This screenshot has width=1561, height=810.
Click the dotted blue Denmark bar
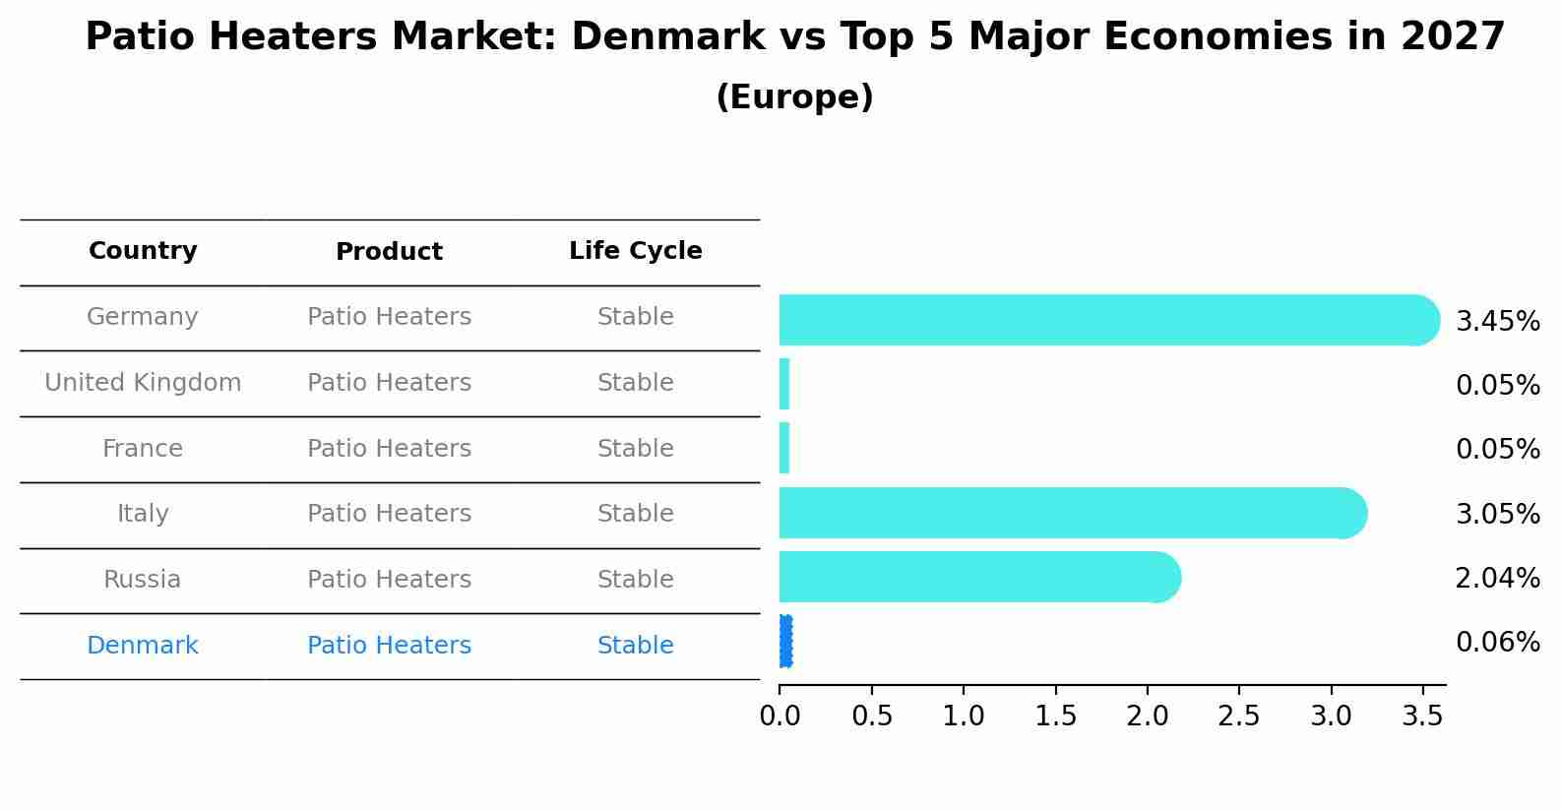pos(785,642)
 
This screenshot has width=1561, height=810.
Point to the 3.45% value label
pos(1497,322)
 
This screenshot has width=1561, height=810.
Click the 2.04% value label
pos(1497,579)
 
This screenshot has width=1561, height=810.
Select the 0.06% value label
pos(1497,643)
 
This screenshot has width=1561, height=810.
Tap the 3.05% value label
pos(1497,514)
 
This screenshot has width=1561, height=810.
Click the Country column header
pos(143,251)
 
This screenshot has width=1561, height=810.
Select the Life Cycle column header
pos(635,251)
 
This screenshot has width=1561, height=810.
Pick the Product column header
pos(389,252)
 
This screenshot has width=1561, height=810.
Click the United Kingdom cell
pos(143,383)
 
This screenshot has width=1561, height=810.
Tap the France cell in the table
pos(143,449)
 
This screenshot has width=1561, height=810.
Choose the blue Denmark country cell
pos(143,646)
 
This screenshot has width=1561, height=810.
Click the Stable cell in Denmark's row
pos(635,646)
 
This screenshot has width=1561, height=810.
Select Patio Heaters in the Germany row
pos(389,317)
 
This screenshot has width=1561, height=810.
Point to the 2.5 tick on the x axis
pos(1238,717)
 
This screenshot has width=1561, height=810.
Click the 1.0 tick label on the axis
pos(963,717)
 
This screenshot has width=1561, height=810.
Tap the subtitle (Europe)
pos(794,97)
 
